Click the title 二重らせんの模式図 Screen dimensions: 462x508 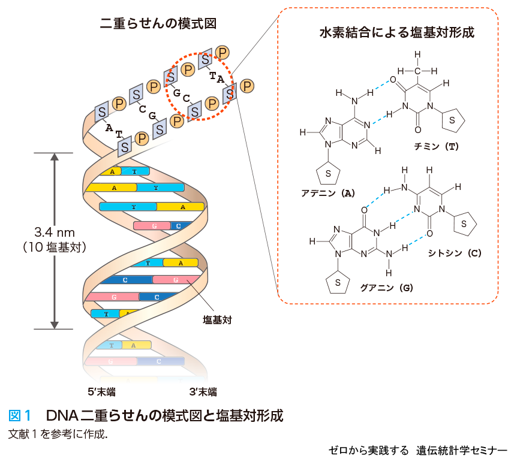click(158, 23)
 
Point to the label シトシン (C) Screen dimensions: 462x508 click(455, 253)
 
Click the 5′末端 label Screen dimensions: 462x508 click(102, 392)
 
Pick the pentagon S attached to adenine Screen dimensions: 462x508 click(329, 173)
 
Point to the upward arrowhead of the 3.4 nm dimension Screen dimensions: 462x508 click(55, 158)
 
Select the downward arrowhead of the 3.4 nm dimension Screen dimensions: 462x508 click(55, 324)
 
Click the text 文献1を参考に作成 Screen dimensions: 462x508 click(58, 434)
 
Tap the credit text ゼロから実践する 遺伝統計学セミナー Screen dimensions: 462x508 click(417, 451)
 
